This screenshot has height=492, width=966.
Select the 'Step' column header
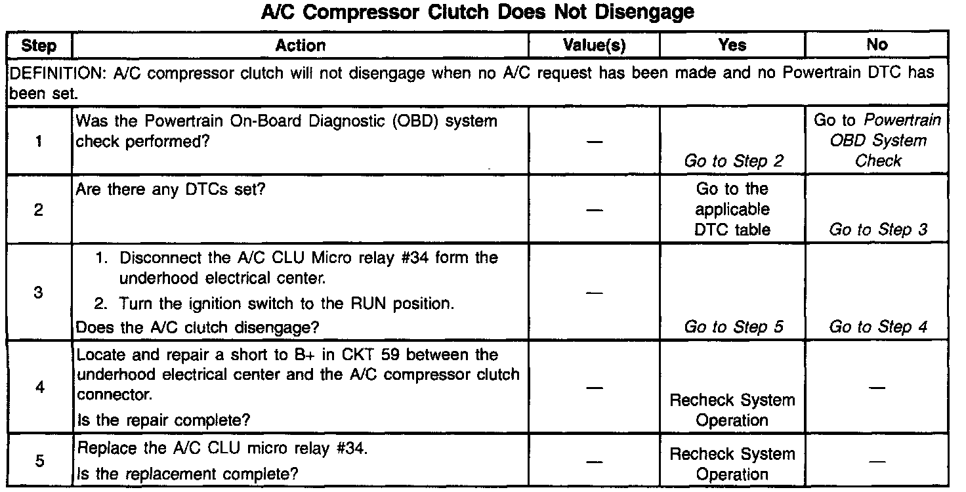pyautogui.click(x=39, y=46)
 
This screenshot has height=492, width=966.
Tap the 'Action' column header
pyautogui.click(x=300, y=45)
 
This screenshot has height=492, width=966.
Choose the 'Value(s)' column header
pyautogui.click(x=595, y=45)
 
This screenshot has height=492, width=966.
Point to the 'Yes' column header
pyautogui.click(x=732, y=45)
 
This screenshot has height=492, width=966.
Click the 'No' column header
pyautogui.click(x=877, y=45)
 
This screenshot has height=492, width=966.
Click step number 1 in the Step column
pyautogui.click(x=39, y=140)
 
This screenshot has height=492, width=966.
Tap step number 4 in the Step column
pyautogui.click(x=39, y=387)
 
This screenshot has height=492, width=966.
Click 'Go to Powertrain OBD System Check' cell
pyautogui.click(x=877, y=140)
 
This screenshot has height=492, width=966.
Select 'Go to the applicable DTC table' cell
pyautogui.click(x=732, y=210)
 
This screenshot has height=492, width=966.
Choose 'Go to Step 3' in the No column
pyautogui.click(x=877, y=230)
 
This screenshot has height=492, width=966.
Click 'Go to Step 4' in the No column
pyautogui.click(x=877, y=327)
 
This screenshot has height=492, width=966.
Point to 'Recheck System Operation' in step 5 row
pyautogui.click(x=732, y=464)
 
